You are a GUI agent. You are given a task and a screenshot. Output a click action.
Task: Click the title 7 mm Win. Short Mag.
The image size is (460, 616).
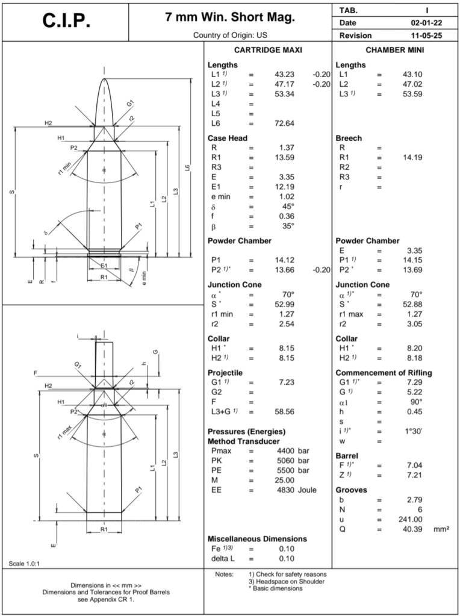[230, 17]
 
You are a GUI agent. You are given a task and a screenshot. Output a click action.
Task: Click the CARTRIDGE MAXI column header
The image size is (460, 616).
[267, 50]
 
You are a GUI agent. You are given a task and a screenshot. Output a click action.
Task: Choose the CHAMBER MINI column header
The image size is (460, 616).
[395, 50]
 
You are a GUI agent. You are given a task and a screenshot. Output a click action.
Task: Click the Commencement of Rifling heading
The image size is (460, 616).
[384, 373]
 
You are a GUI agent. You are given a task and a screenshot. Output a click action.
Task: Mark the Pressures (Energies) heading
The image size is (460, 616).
[246, 432]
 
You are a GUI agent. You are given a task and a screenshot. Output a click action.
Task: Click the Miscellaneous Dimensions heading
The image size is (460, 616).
[257, 538]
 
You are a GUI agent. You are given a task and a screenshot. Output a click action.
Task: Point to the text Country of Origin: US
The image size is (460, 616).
[230, 36]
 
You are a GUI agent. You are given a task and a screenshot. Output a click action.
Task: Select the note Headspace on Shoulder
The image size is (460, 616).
[287, 581]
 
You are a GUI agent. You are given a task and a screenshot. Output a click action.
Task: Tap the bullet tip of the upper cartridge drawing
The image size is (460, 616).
[104, 80]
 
